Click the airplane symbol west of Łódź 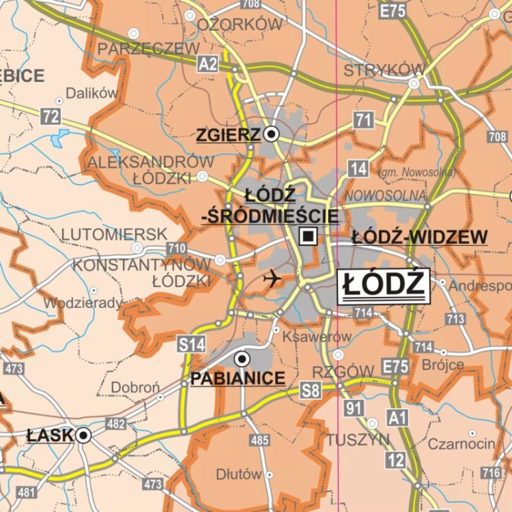click(272, 278)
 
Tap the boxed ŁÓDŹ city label click(384, 285)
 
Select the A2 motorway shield click(208, 64)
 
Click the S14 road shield click(192, 345)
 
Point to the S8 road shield click(311, 390)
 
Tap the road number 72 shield click(51, 117)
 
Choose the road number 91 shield click(353, 409)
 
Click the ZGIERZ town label click(229, 135)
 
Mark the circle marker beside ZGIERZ click(272, 134)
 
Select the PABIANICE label click(238, 378)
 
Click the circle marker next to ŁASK click(84, 435)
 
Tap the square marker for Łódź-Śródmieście click(309, 237)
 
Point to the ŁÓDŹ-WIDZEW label click(420, 238)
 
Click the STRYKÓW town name click(384, 70)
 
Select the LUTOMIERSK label click(114, 234)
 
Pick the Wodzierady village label click(83, 302)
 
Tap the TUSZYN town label click(358, 440)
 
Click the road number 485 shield click(259, 440)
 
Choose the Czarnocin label click(461, 444)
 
